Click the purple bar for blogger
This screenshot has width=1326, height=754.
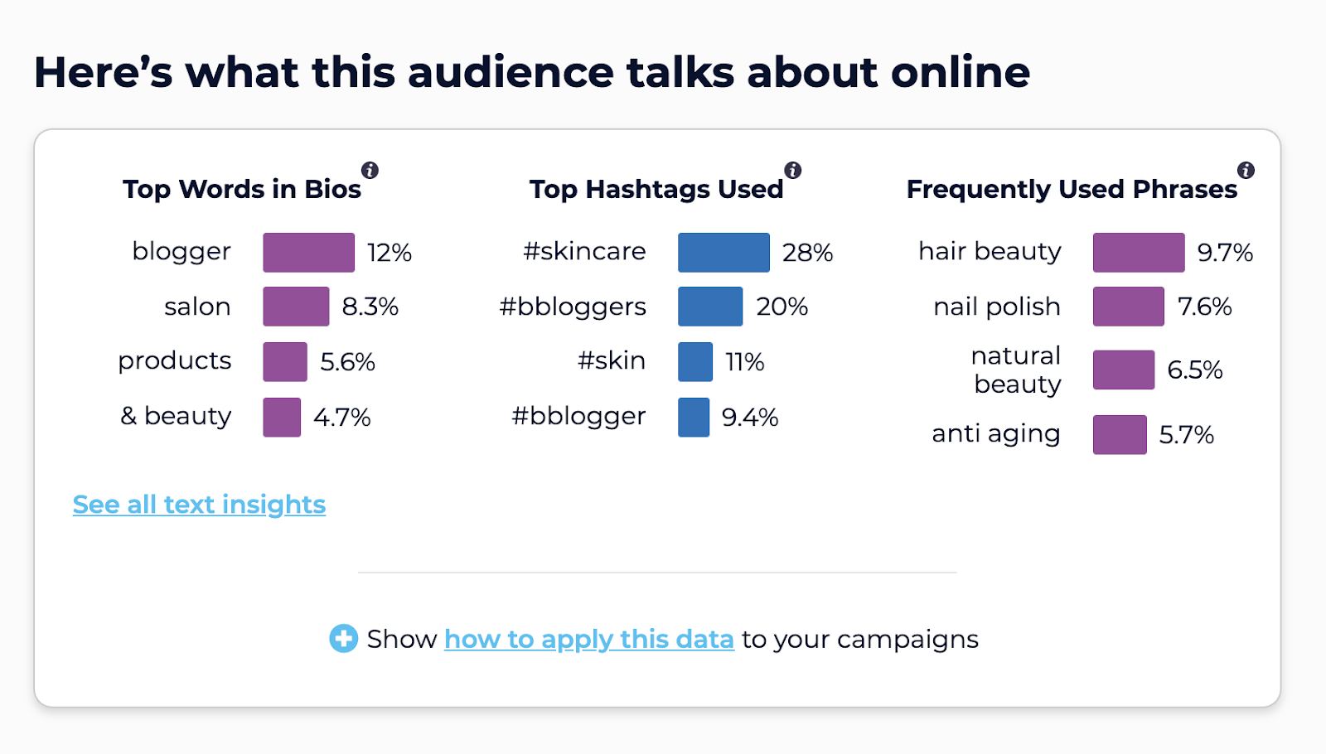pyautogui.click(x=308, y=253)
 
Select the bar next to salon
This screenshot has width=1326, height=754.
pyautogui.click(x=296, y=307)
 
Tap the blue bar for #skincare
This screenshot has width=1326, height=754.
pyautogui.click(x=723, y=253)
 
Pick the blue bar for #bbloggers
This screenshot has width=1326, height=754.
pyautogui.click(x=710, y=307)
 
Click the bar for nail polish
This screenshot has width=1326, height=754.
pyautogui.click(x=1128, y=307)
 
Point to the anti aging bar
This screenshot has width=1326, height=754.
pyautogui.click(x=1120, y=435)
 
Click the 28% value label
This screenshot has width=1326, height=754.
pyautogui.click(x=807, y=253)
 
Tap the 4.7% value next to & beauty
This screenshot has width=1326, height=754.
pyautogui.click(x=341, y=418)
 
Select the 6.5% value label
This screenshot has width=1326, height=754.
pyautogui.click(x=1194, y=370)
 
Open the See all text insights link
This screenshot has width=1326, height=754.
pyautogui.click(x=199, y=505)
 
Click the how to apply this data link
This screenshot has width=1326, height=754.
pyautogui.click(x=588, y=640)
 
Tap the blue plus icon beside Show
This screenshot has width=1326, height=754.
pyautogui.click(x=343, y=639)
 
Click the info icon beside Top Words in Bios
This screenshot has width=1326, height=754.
pyautogui.click(x=370, y=171)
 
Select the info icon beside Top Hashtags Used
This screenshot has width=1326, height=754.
pyautogui.click(x=793, y=171)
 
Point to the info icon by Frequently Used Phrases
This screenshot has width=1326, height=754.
pyautogui.click(x=1246, y=171)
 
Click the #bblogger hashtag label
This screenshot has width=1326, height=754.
pyautogui.click(x=578, y=416)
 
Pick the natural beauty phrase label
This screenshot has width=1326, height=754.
pyautogui.click(x=1016, y=370)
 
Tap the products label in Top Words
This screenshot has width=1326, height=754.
pyautogui.click(x=174, y=361)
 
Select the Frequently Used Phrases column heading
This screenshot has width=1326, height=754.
pyautogui.click(x=1071, y=190)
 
